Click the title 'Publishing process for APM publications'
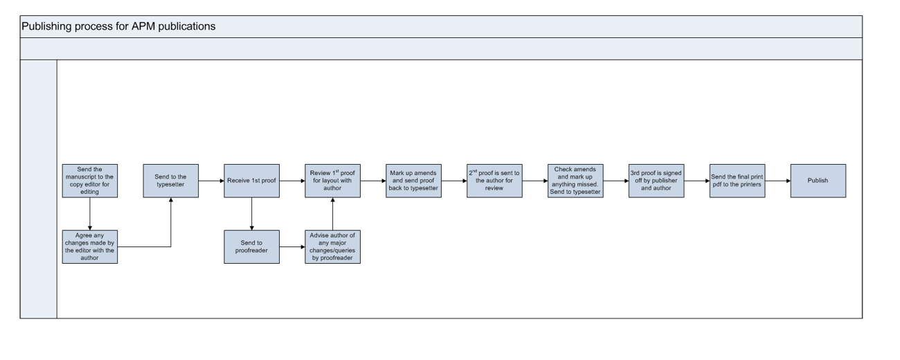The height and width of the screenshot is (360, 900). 118,27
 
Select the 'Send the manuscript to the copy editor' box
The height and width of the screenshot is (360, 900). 89,181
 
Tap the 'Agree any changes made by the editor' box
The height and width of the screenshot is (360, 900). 89,247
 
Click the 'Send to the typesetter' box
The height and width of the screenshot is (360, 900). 170,181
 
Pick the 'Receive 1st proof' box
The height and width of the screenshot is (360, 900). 251,181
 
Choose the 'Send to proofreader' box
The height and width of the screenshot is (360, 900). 251,247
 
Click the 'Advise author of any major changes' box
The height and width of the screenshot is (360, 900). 332,247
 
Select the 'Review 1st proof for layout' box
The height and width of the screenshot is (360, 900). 332,181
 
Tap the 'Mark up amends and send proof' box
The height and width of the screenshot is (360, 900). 413,181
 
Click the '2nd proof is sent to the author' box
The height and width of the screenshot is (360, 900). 494,181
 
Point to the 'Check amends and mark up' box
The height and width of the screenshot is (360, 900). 575,181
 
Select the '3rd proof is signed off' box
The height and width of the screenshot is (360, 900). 656,181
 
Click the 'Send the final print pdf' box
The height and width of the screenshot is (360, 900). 737,181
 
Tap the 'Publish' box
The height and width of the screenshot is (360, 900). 818,181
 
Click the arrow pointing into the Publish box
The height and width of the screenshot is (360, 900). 777,181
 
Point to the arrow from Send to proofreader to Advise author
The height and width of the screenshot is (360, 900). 291,247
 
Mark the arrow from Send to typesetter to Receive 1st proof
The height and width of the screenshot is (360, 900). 210,181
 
